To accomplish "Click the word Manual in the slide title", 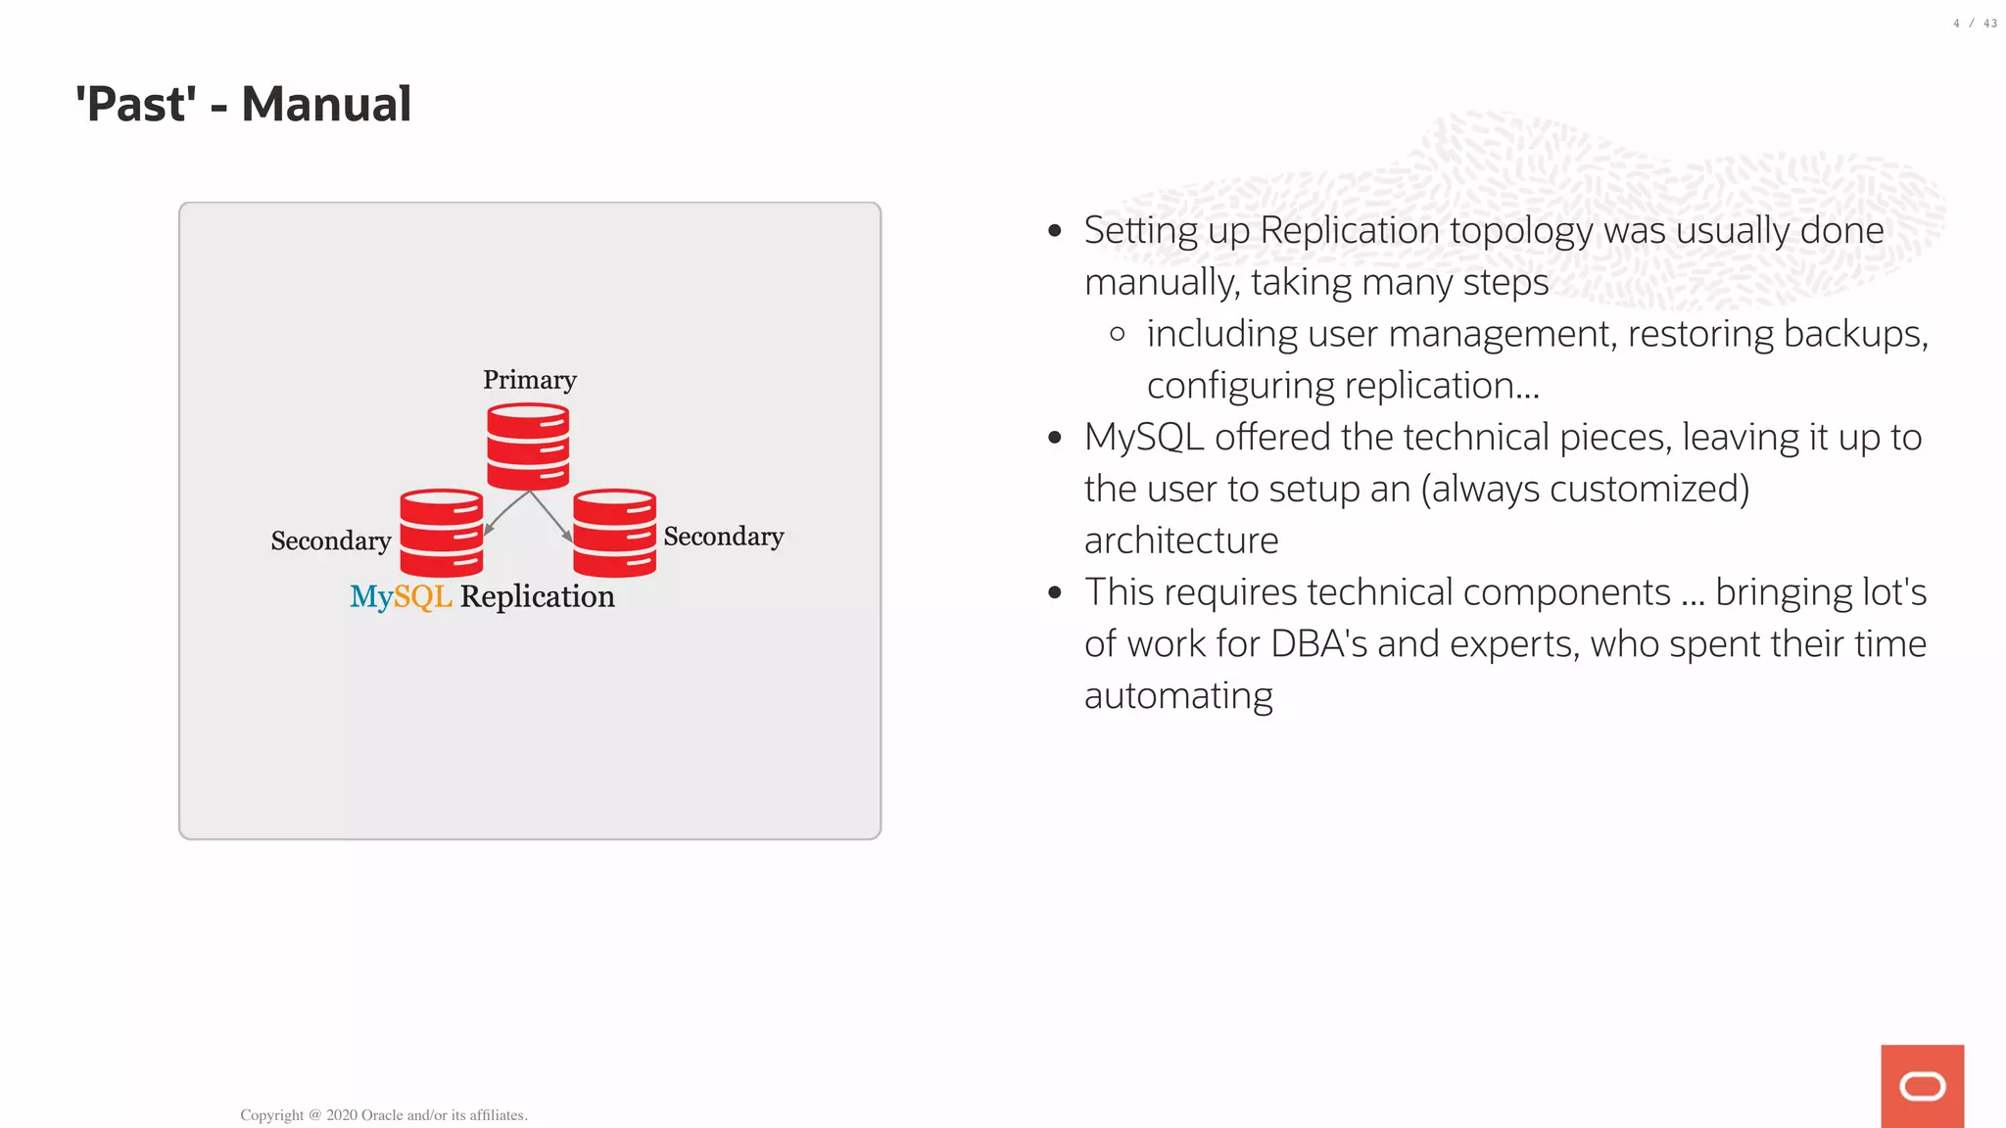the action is [x=326, y=104].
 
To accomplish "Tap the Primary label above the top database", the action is [x=529, y=380].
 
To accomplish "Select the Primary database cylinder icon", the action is [x=528, y=446].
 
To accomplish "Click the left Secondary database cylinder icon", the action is [x=441, y=533].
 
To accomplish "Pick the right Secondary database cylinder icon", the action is [x=614, y=533].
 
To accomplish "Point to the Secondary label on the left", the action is [x=330, y=540].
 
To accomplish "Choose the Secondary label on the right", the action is [x=723, y=537].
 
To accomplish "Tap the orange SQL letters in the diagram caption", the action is [x=422, y=596].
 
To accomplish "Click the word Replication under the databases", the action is [x=537, y=596].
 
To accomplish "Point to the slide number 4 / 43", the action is [x=1974, y=23].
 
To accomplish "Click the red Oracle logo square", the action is [x=1922, y=1086].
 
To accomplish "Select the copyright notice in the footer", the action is [x=383, y=1115].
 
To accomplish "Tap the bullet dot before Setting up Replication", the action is [x=1055, y=231].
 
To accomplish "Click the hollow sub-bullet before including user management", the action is [x=1118, y=335].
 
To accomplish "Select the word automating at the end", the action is [x=1178, y=696].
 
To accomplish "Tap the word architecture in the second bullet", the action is [x=1181, y=540].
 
